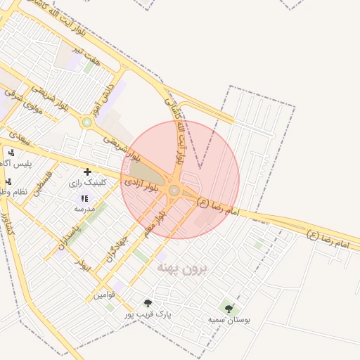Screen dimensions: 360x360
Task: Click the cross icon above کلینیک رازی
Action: point(87,172)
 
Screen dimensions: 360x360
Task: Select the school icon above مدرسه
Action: point(85,199)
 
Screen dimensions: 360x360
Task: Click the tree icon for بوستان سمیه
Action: point(229,308)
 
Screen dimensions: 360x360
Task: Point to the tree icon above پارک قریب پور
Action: point(147,303)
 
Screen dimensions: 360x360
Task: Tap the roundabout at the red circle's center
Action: point(174,190)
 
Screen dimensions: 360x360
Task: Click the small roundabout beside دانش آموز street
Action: point(87,122)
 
